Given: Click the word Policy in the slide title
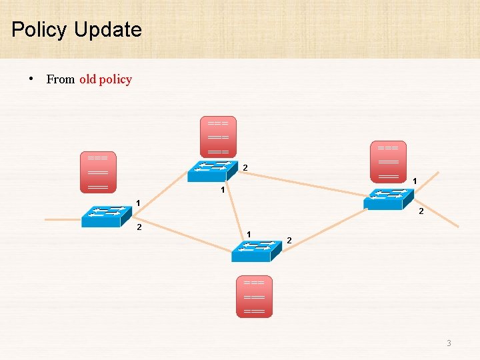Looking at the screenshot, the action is [x=39, y=30].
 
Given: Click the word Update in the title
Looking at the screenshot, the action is [x=108, y=30].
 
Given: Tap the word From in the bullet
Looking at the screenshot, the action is [x=61, y=79].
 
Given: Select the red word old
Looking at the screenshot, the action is [x=87, y=79].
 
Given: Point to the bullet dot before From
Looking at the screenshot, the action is [x=31, y=79].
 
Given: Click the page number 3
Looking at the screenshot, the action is [x=449, y=343].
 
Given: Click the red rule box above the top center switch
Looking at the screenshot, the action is [x=218, y=137].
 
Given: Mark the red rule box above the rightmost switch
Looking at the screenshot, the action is [x=388, y=161].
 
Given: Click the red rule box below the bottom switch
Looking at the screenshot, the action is [x=255, y=296].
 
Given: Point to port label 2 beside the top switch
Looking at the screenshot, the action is [x=245, y=167].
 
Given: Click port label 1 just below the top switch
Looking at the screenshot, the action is [x=223, y=191].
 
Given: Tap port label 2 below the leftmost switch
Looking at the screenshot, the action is [x=139, y=228].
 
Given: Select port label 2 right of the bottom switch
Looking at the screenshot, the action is [x=289, y=239].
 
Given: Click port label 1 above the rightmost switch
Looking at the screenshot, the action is [x=415, y=181].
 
